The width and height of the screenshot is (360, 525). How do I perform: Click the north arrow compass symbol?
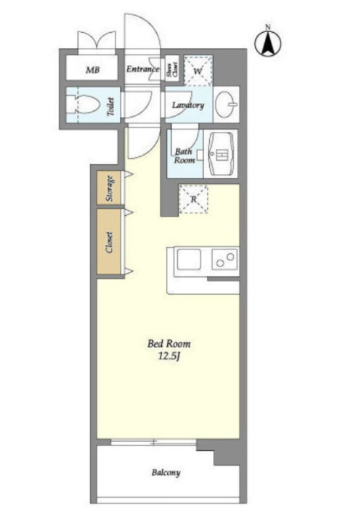pos(268,43)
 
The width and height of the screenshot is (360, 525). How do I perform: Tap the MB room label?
pos(92,70)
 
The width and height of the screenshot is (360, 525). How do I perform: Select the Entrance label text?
pos(143,69)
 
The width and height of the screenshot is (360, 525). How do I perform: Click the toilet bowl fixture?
pos(84,104)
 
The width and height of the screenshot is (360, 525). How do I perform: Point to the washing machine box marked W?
pos(198,70)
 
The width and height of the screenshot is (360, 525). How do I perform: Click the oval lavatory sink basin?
pos(225,104)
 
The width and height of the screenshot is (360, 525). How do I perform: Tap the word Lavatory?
pos(188,105)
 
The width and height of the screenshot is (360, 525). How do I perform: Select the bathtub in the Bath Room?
pos(221,154)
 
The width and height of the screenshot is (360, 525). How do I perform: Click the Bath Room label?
pos(184,156)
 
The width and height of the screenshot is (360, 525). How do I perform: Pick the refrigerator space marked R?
pos(193,199)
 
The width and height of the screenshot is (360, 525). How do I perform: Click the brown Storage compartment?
pos(109,188)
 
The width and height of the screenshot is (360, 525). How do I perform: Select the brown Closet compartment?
pos(109,242)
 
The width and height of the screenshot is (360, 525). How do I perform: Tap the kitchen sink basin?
pos(189,260)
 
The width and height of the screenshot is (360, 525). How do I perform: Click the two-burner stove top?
pos(225,259)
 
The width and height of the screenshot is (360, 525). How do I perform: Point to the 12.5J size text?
pos(169,356)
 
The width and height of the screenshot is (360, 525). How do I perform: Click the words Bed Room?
pos(169,343)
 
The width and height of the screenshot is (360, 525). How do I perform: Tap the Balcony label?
pos(166,472)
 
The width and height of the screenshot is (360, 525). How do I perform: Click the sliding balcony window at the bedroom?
pos(153,442)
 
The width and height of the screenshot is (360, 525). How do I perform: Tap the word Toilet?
pos(111,107)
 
